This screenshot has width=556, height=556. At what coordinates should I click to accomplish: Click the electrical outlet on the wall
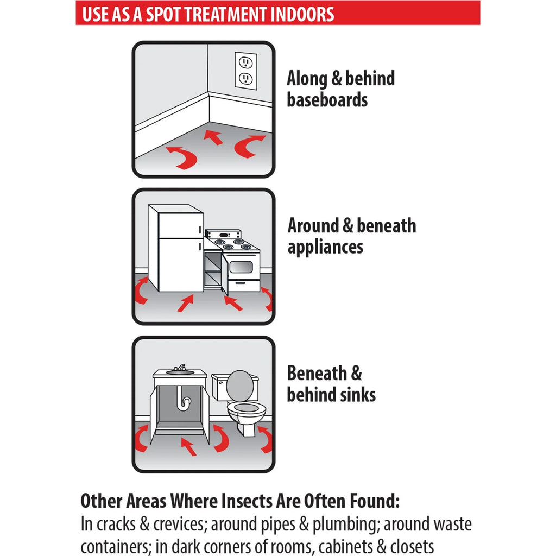point(246,71)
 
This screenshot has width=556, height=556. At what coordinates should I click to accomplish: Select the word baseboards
point(327,100)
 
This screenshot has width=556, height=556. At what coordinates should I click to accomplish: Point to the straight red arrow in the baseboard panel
point(213,137)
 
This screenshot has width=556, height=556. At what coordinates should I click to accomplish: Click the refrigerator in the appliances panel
point(176,248)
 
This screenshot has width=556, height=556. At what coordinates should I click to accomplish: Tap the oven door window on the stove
point(241,267)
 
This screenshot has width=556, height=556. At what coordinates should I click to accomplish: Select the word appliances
point(325,247)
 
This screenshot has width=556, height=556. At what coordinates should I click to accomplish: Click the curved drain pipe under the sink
point(184,399)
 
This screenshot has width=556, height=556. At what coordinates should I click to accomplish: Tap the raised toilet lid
point(240,386)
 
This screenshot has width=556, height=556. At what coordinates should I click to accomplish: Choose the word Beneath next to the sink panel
point(317,373)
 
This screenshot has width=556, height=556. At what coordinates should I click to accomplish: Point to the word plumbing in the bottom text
point(344,524)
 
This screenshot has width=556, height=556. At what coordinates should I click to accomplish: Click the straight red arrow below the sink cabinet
point(188,446)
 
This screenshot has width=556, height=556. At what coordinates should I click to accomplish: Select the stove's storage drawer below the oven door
point(243,286)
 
